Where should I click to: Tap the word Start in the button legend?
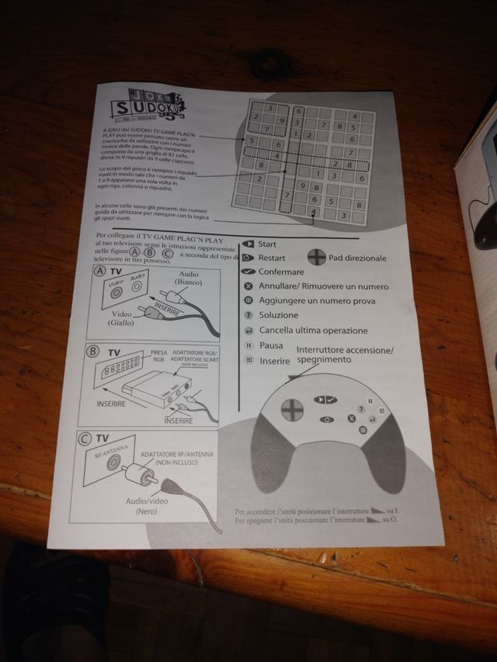[x=268, y=244]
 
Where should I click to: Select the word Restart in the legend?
[x=272, y=258]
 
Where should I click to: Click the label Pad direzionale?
[x=358, y=258]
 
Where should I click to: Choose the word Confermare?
[x=281, y=272]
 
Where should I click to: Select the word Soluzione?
[x=279, y=315]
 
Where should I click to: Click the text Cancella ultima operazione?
[x=314, y=330]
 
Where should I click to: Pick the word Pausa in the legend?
[x=271, y=345]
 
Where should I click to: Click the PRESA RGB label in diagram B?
[x=159, y=356]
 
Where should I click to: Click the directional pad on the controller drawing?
[x=291, y=408]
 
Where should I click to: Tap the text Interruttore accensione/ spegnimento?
[x=344, y=355]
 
